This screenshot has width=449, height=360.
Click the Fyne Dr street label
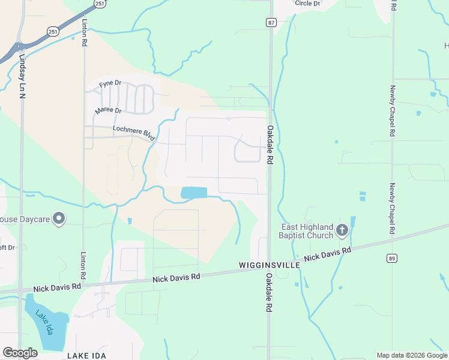click(110, 83)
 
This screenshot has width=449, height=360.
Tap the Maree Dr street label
click(108, 111)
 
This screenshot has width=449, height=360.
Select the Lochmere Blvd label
click(133, 133)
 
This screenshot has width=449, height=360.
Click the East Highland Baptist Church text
click(308, 231)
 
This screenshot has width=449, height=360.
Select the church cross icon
click(342, 229)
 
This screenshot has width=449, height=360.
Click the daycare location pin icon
click(59, 219)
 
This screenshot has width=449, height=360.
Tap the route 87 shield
click(271, 22)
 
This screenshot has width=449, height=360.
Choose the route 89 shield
click(391, 258)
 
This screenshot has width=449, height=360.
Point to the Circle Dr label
click(308, 3)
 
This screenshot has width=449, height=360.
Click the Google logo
click(20, 353)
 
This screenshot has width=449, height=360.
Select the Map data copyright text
click(412, 355)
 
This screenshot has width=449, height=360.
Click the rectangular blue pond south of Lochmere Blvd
click(193, 193)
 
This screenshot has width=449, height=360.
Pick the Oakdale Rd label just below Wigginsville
click(269, 292)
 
